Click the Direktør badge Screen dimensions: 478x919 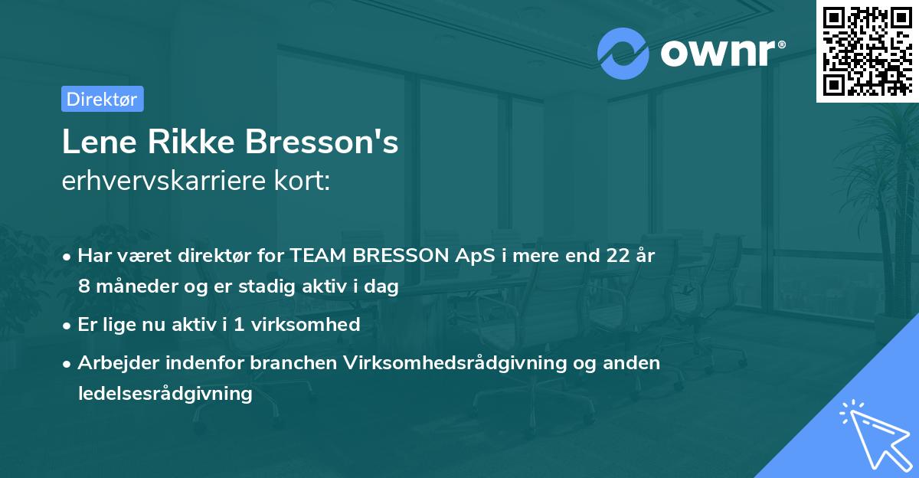click(102, 99)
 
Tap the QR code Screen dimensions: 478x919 click(867, 51)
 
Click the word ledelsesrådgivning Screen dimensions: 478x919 click(165, 394)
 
